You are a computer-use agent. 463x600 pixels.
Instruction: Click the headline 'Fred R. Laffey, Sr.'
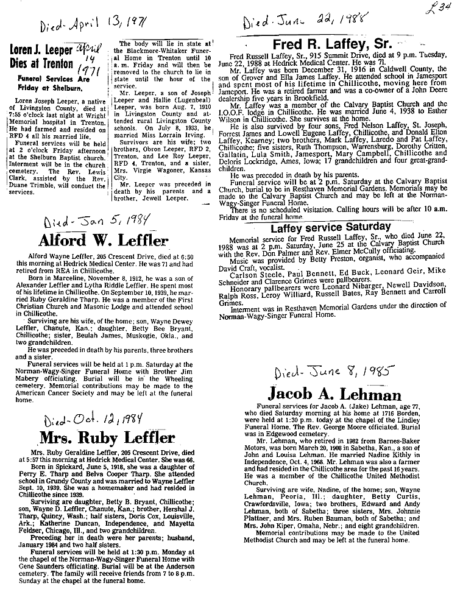tap(333, 45)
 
